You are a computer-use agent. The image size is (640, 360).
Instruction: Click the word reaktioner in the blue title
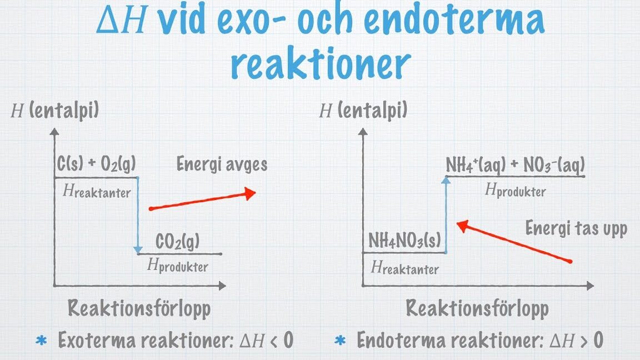(x=321, y=64)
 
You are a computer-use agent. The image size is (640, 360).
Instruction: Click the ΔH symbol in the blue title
(x=121, y=21)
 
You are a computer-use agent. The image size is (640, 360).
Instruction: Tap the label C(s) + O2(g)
(x=96, y=164)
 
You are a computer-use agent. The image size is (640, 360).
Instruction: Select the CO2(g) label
(x=178, y=241)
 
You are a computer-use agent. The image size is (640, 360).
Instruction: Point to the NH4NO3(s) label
(x=404, y=240)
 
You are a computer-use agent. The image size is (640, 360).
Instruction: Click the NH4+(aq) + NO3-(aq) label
(x=515, y=165)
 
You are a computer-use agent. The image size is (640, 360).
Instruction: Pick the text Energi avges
(x=222, y=164)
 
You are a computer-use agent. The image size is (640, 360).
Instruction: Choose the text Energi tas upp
(x=576, y=228)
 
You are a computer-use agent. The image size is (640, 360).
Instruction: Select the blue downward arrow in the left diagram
(x=138, y=215)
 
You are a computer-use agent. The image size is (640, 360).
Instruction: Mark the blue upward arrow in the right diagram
(x=446, y=214)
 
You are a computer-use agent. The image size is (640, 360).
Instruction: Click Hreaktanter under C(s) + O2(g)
(x=97, y=191)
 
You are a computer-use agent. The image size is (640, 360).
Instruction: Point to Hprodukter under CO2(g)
(x=178, y=266)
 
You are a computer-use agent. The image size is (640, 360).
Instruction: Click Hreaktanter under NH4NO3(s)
(x=405, y=268)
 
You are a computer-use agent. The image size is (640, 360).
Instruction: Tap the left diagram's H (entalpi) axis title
(x=54, y=111)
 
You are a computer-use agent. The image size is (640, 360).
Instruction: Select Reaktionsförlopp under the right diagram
(x=477, y=308)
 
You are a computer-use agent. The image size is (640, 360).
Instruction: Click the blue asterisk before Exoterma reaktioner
(x=41, y=341)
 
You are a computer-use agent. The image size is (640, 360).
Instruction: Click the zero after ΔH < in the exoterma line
(x=288, y=339)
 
